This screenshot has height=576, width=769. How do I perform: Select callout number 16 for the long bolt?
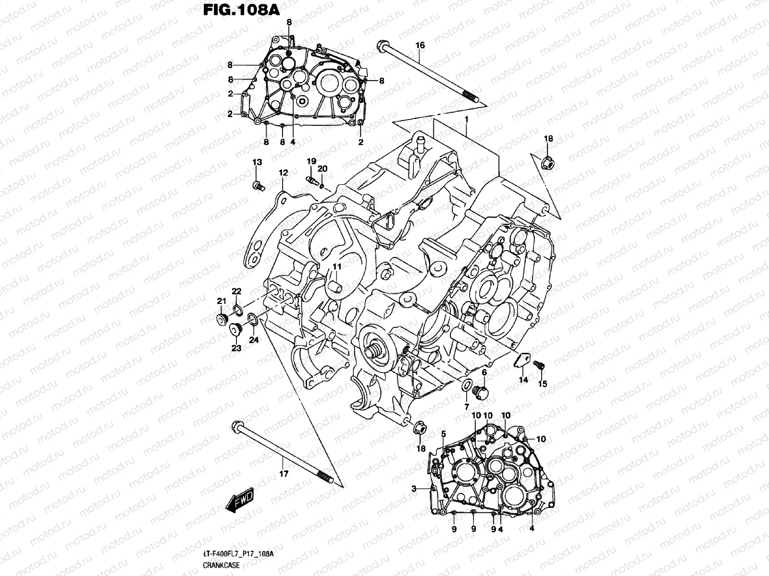pyautogui.click(x=420, y=45)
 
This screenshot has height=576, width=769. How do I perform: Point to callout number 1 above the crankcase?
pyautogui.click(x=466, y=118)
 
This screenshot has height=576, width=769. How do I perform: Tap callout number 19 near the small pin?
pyautogui.click(x=311, y=160)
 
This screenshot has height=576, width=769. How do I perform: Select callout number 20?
pyautogui.click(x=322, y=168)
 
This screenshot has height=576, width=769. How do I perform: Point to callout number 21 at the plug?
pyautogui.click(x=221, y=301)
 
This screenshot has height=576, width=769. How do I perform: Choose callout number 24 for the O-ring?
pyautogui.click(x=253, y=340)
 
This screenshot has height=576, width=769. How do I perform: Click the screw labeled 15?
pyautogui.click(x=543, y=384)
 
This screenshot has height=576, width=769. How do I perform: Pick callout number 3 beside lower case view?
pyautogui.click(x=413, y=488)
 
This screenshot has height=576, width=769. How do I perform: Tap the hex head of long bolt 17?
pyautogui.click(x=236, y=425)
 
